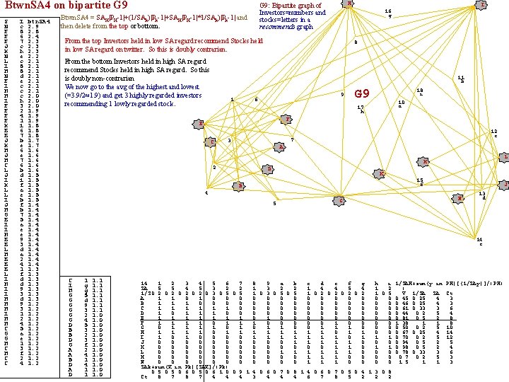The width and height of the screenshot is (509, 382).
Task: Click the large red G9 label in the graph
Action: click(x=362, y=94)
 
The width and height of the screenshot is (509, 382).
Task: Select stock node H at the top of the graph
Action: click(x=351, y=4)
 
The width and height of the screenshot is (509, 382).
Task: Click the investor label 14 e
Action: click(x=479, y=241)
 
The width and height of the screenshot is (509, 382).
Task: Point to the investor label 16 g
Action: click(x=388, y=14)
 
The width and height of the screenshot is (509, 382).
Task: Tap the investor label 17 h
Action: click(x=361, y=110)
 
